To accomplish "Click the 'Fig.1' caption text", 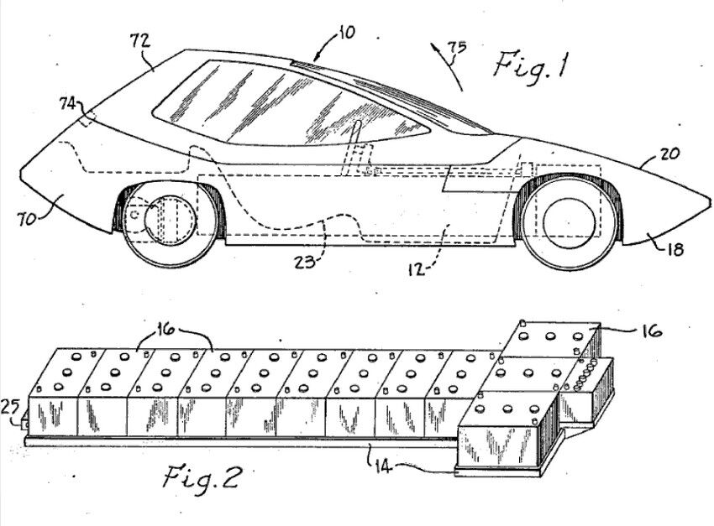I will (528, 65).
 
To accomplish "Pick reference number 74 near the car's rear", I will (70, 104).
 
